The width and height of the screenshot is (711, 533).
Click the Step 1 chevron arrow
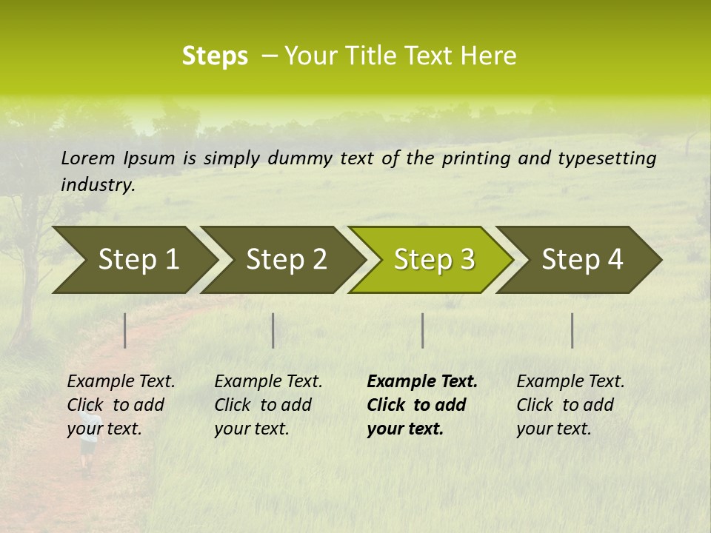[x=133, y=260]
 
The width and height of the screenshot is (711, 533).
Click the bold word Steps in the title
[x=215, y=56]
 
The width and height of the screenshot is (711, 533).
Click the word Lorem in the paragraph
[x=88, y=158]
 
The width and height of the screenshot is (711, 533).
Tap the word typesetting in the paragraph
[x=607, y=158]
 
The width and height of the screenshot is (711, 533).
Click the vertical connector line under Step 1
[x=125, y=330]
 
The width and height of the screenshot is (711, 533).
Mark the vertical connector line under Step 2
[x=273, y=330]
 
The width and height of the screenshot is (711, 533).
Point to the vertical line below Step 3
[x=422, y=330]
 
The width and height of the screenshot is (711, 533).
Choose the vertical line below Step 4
[x=572, y=330]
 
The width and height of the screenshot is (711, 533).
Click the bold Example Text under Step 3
[x=422, y=381]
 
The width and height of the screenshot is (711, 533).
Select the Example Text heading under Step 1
[x=121, y=381]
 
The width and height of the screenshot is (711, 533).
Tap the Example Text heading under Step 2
[x=268, y=381]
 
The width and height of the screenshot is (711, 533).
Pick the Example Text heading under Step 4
[x=570, y=381]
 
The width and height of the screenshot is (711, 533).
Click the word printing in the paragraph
[x=470, y=158]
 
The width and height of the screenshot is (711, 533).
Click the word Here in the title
[x=488, y=56]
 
